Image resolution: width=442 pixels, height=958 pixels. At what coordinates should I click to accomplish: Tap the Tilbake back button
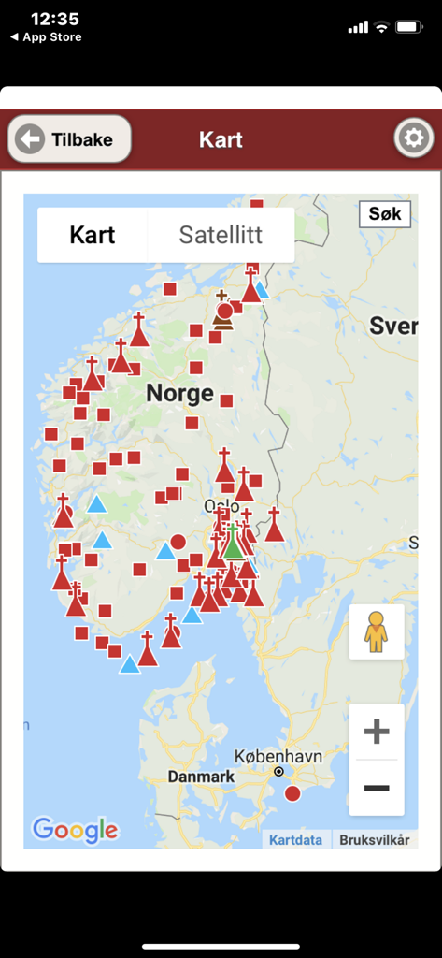[x=69, y=140]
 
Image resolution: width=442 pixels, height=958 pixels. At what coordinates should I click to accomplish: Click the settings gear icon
[x=413, y=139]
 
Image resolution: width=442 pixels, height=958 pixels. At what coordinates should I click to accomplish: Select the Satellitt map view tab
[x=221, y=235]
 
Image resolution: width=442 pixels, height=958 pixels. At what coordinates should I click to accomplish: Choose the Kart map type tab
[x=93, y=235]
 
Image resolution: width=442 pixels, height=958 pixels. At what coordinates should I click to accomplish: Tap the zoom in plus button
[x=377, y=731]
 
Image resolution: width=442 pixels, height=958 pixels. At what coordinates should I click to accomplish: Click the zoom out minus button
[x=377, y=788]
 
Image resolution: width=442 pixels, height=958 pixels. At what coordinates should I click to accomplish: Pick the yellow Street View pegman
[x=376, y=632]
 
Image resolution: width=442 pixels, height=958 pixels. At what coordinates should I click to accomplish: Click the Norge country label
[x=179, y=394]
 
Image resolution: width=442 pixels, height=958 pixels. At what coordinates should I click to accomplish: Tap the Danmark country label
[x=201, y=777]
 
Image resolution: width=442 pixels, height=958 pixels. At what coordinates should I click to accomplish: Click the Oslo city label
[x=221, y=506]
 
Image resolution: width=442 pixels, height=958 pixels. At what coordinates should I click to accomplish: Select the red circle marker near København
[x=292, y=793]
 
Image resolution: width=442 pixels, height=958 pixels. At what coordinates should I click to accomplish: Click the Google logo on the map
[x=75, y=830]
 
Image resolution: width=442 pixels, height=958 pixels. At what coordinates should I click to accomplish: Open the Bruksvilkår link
[x=374, y=840]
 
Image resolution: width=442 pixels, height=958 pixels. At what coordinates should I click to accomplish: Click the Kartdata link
[x=295, y=840]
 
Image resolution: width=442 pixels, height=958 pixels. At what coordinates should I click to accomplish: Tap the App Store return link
[x=46, y=37]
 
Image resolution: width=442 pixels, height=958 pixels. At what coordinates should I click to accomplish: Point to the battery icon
[x=409, y=27]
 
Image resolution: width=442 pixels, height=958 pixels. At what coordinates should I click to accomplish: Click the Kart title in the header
[x=221, y=140]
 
